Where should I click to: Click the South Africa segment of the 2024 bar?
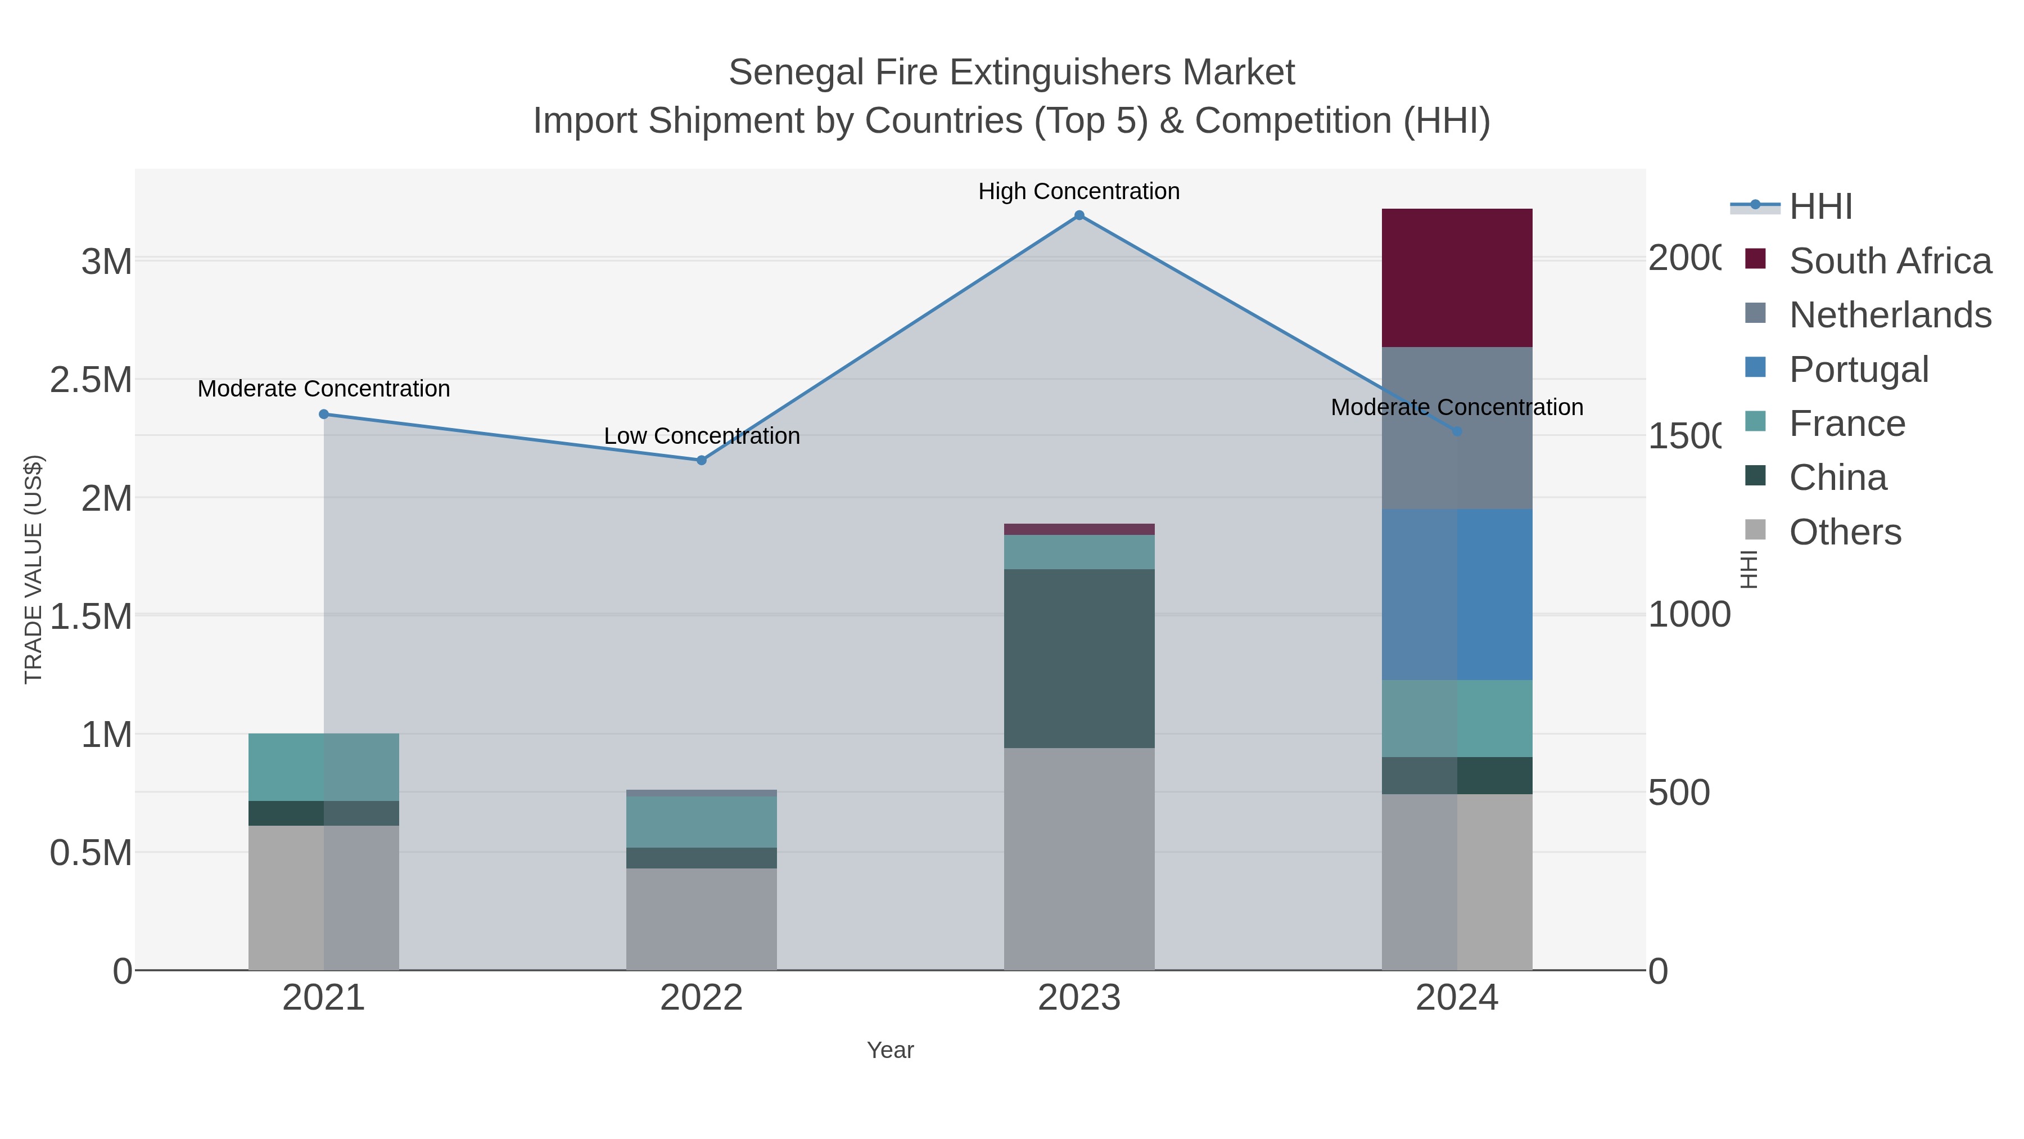tap(1457, 277)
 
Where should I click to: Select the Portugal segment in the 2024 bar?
tap(1457, 595)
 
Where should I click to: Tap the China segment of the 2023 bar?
tap(1079, 658)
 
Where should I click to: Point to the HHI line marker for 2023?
tap(1079, 215)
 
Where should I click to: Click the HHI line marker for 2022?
tap(702, 460)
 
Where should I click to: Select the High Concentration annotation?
tap(1079, 191)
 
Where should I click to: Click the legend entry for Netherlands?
tap(1890, 314)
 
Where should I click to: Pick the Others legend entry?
tap(1844, 532)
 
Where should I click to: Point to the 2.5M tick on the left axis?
tap(91, 380)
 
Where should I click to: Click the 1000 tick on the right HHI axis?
tap(1688, 615)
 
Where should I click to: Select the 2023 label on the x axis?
tap(1079, 998)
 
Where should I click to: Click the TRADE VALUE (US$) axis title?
tap(33, 569)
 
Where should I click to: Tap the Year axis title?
tap(890, 1050)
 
